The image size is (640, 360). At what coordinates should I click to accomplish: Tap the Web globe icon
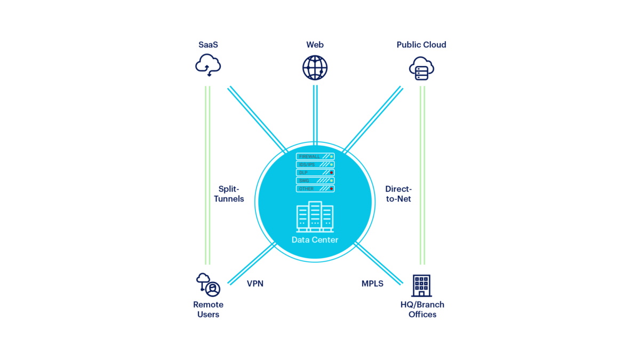tap(315, 68)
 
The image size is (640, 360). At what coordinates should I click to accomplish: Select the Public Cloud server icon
tap(421, 69)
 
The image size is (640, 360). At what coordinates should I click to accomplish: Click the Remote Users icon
tap(208, 285)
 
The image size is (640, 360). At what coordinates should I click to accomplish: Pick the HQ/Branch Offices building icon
tap(421, 285)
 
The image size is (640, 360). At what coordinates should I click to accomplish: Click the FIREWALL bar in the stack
tap(315, 156)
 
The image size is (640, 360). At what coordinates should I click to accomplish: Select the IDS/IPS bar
tap(315, 164)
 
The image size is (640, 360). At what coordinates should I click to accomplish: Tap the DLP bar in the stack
tap(315, 172)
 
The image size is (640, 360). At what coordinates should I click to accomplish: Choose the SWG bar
tap(315, 181)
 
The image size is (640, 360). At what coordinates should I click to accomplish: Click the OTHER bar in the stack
tap(315, 189)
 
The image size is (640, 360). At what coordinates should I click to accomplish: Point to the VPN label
tap(255, 284)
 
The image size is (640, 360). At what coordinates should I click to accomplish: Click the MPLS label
tap(372, 284)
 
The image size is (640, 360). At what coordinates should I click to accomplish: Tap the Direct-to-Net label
tap(398, 194)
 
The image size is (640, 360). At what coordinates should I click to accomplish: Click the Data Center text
tap(315, 240)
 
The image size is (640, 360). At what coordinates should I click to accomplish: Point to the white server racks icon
tap(315, 217)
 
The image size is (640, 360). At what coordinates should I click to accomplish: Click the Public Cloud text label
tap(421, 45)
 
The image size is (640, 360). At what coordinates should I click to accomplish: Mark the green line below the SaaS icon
tap(208, 176)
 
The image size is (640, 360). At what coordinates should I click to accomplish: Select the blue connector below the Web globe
tap(315, 115)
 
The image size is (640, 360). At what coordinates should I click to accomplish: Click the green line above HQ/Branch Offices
tap(422, 176)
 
